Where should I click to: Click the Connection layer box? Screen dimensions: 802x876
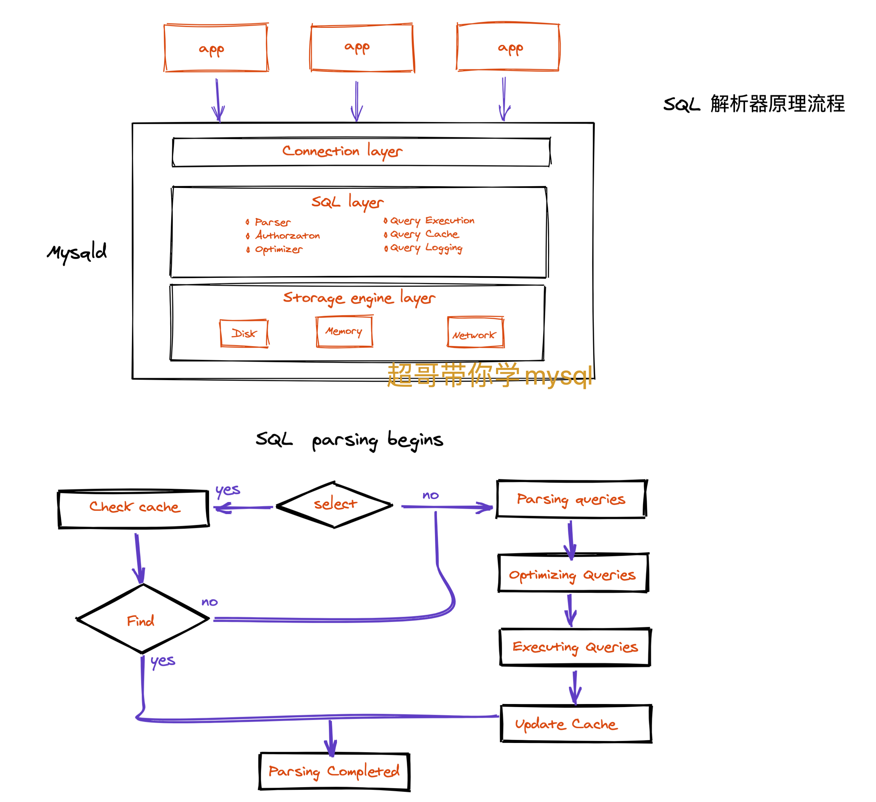[361, 152]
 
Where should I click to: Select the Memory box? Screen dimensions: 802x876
[344, 332]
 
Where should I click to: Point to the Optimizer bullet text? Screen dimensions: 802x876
[278, 249]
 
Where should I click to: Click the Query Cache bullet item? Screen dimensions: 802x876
[424, 234]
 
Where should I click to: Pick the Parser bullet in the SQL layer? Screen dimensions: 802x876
[272, 222]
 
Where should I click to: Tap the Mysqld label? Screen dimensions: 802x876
[77, 252]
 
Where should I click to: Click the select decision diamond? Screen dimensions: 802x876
[335, 505]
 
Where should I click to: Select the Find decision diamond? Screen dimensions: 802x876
[142, 619]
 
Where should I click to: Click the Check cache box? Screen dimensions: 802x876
[134, 508]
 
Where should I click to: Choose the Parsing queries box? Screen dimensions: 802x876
[571, 500]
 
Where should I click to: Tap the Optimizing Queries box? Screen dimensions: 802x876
[573, 574]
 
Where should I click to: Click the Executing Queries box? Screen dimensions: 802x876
[575, 647]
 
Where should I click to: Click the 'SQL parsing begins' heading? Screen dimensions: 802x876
[349, 440]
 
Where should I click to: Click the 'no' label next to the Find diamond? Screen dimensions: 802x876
[209, 602]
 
